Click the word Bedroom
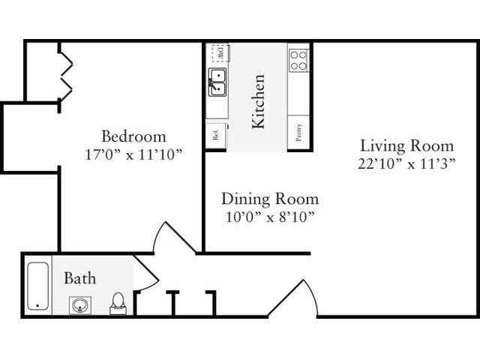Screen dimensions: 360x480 coord(133,136)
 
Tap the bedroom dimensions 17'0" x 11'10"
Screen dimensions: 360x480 coord(133,154)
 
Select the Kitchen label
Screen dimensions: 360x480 coord(258,100)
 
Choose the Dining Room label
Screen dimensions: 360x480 coord(269,199)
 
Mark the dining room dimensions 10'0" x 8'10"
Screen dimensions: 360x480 coord(269,217)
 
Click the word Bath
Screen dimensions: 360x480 coord(79,279)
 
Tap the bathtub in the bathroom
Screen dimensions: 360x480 coord(38,286)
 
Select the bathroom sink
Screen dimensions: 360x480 coord(79,304)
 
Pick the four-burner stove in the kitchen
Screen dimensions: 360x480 coord(298,60)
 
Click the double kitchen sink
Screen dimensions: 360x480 coord(217,82)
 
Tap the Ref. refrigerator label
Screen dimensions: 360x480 coord(216,136)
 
